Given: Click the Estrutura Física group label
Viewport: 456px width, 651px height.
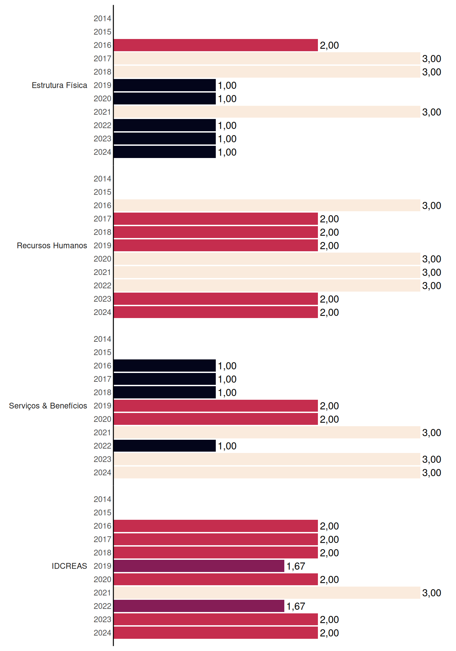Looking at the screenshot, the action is (59, 85).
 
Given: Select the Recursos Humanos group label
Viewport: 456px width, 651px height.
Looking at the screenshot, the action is (52, 245).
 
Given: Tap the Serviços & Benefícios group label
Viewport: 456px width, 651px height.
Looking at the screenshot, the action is (48, 406).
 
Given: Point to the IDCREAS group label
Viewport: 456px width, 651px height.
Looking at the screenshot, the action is (69, 566).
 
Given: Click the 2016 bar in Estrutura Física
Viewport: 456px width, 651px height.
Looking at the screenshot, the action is (216, 45).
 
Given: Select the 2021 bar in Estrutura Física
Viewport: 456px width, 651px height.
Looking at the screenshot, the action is (267, 112).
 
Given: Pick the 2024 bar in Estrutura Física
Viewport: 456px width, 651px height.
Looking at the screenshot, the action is (165, 152).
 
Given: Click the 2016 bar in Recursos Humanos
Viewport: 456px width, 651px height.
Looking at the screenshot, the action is (267, 205).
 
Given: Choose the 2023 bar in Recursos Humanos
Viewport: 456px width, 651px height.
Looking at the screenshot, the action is (216, 299).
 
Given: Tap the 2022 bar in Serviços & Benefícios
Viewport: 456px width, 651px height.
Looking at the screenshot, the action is (165, 446).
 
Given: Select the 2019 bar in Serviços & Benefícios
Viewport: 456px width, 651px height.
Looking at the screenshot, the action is (216, 406).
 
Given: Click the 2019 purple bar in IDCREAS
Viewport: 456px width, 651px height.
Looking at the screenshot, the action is (199, 566).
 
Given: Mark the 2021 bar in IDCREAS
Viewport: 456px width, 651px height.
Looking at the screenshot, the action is (267, 593).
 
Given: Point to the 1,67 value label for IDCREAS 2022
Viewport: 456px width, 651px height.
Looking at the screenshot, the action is (296, 606).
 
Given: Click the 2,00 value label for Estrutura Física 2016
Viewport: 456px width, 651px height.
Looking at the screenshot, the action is (329, 45).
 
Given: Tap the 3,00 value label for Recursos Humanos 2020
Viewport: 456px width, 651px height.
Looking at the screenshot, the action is (432, 259).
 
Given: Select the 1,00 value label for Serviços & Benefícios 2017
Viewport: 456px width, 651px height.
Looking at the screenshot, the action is (227, 379).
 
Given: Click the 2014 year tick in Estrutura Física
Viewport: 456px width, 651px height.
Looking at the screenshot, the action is (102, 19).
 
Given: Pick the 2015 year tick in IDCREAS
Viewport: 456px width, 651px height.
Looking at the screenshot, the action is (102, 513).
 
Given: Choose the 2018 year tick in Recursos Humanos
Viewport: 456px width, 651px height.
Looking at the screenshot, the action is (102, 232).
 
